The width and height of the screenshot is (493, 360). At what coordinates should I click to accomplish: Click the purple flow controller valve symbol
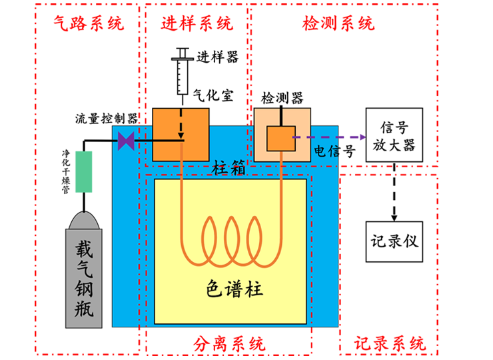126,141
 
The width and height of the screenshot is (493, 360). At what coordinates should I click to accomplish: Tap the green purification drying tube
84,172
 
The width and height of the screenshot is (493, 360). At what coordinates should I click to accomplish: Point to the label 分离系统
229,344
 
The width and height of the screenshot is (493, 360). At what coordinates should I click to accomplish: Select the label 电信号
334,151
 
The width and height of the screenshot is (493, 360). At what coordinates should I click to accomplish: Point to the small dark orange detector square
281,139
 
